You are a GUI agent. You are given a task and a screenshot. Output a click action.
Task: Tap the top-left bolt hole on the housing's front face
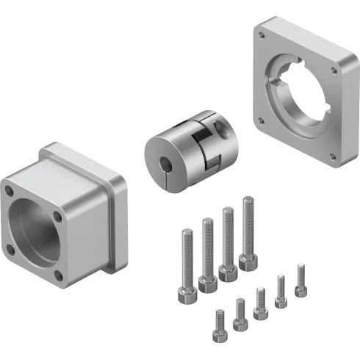tap(10, 189)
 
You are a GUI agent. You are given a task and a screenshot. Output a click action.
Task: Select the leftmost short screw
tap(218, 326)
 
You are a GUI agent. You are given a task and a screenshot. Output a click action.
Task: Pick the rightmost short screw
tap(300, 280)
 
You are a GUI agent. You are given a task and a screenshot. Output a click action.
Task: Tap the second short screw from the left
tap(239, 314)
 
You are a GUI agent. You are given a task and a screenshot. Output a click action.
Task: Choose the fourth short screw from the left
tap(280, 291)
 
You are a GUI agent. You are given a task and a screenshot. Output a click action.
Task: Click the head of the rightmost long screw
tap(249, 261)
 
